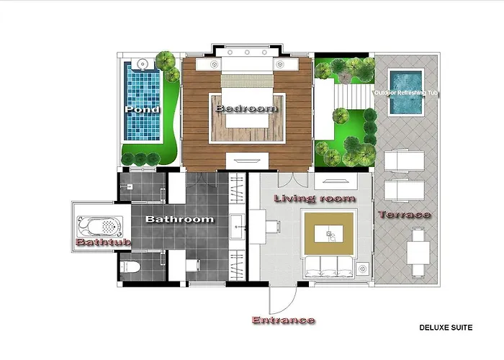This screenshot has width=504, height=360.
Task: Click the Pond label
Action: [142, 110]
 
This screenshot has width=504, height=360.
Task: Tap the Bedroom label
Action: [246, 108]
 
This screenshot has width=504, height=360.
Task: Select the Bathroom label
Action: [180, 219]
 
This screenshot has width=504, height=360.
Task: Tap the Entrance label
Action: [283, 320]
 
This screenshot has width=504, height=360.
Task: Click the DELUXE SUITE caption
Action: [446, 328]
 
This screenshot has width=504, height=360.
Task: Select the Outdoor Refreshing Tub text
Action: [407, 94]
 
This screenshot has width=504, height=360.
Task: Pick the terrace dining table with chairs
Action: [418, 250]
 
